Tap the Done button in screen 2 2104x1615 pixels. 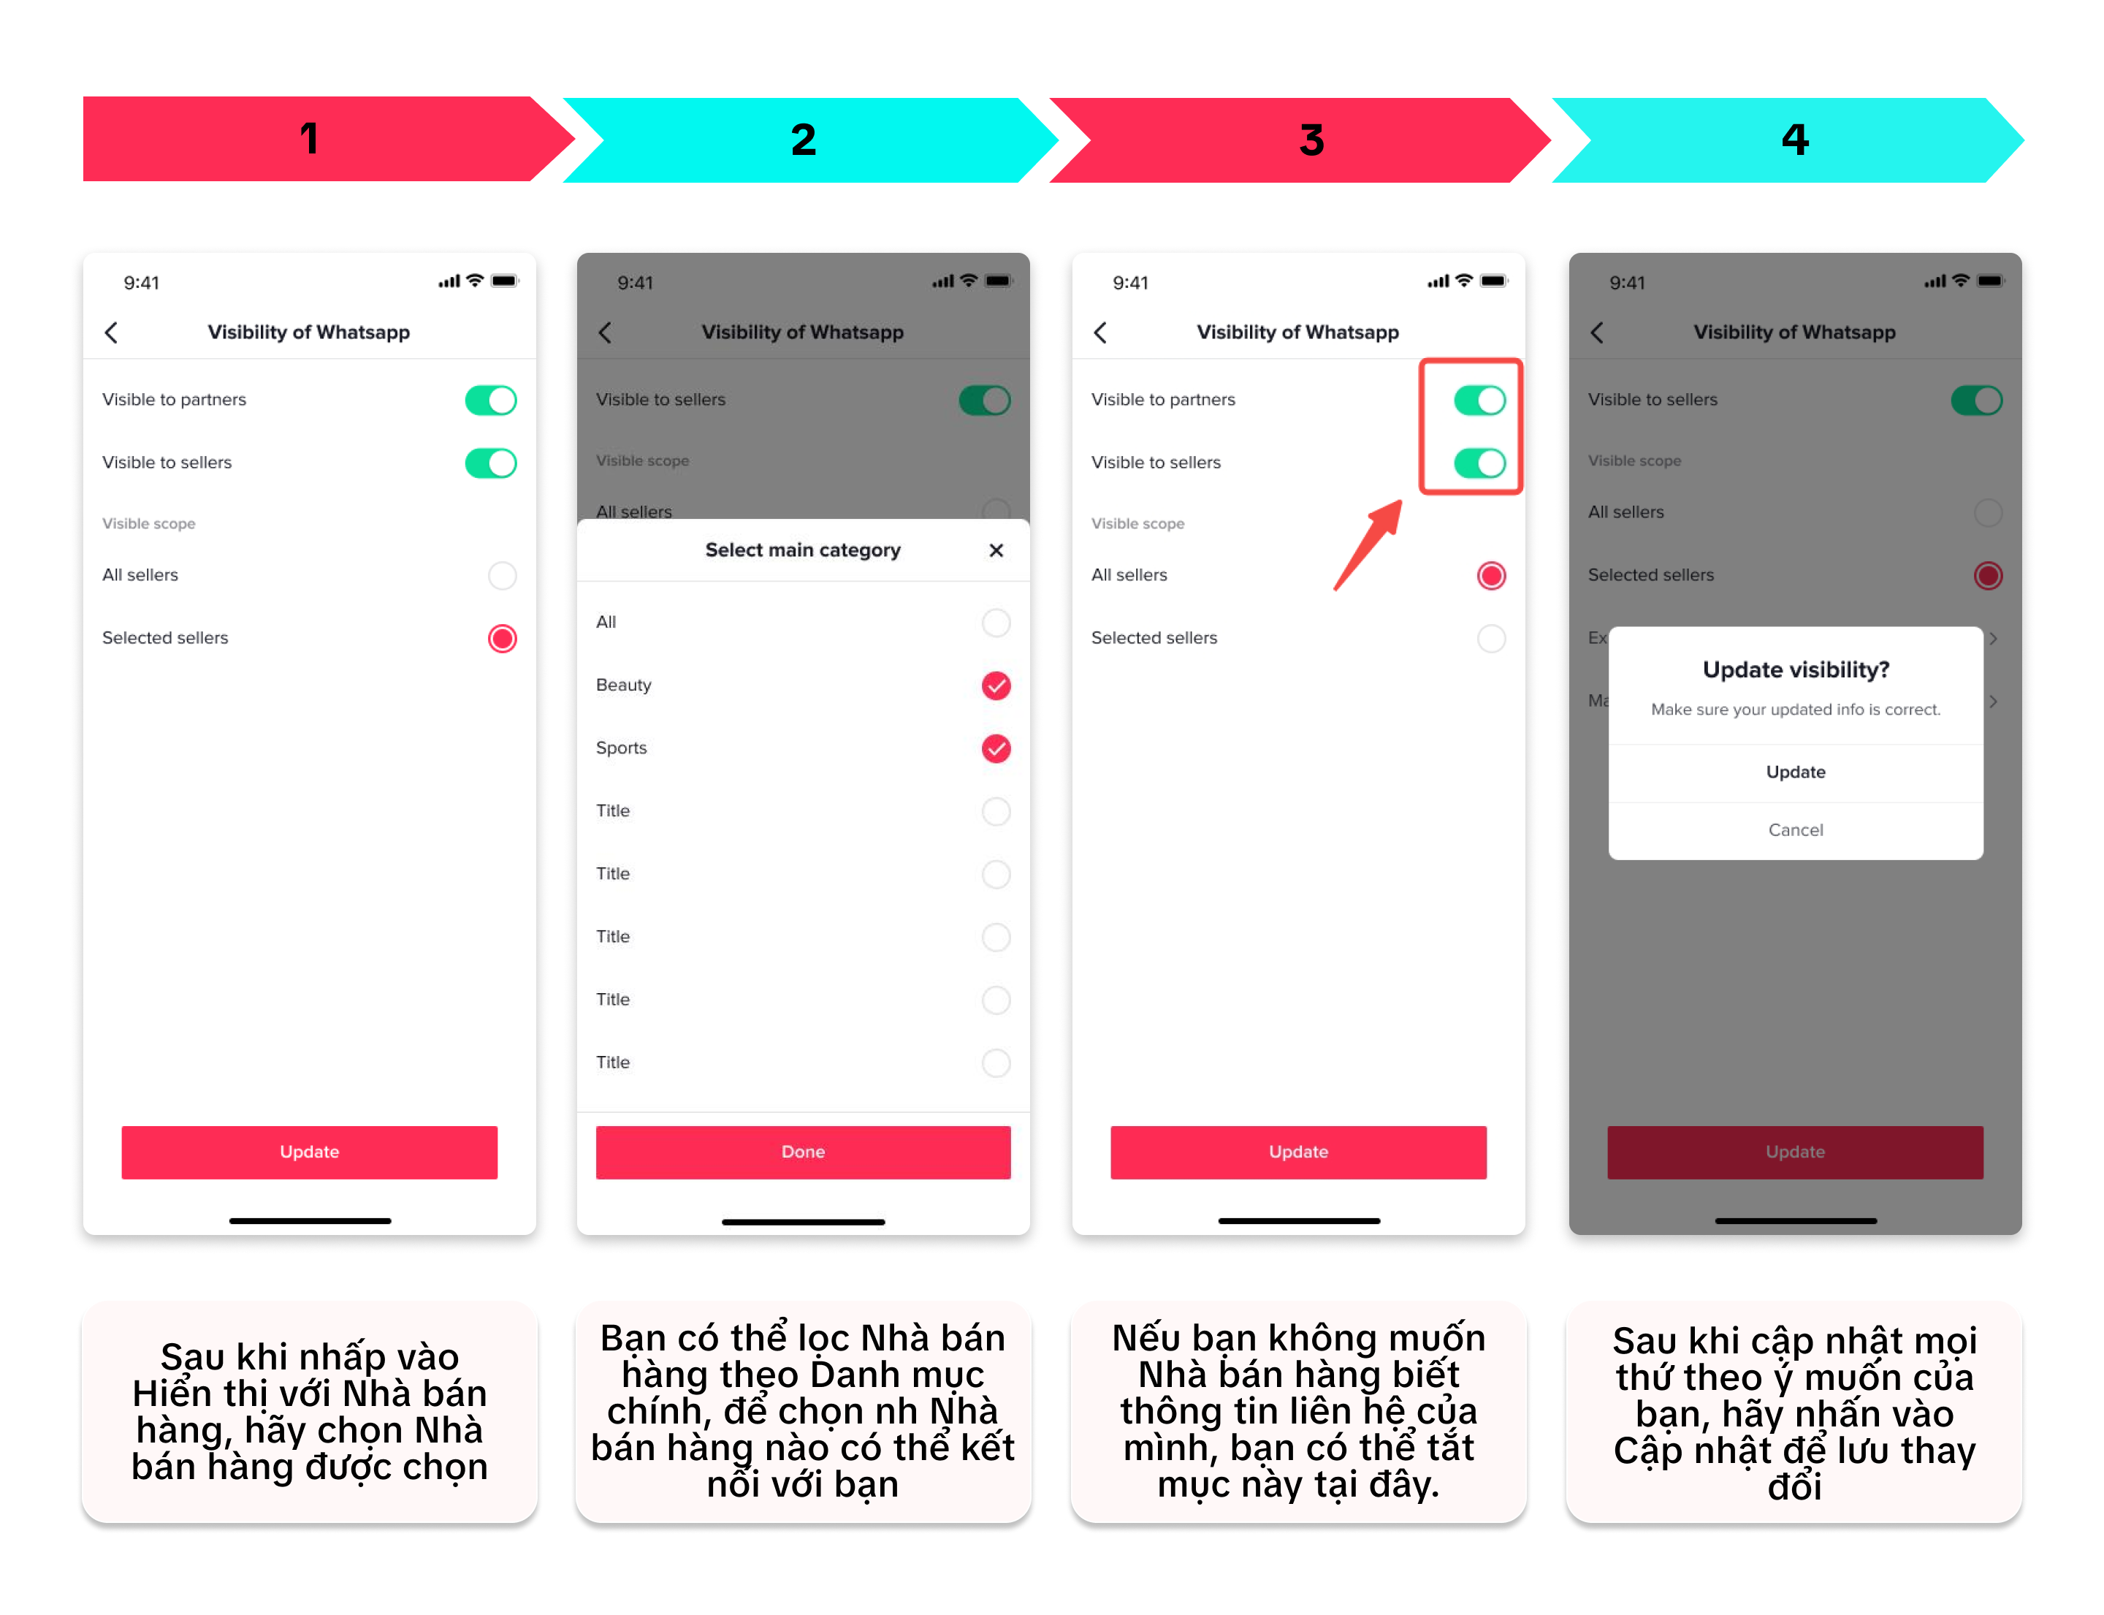(x=803, y=1152)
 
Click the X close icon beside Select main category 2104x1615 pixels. (x=996, y=550)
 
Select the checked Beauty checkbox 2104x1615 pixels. (x=996, y=685)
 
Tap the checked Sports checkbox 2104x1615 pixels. (x=996, y=748)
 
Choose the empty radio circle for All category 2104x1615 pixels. (x=996, y=623)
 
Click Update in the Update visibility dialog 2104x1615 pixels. (x=1794, y=772)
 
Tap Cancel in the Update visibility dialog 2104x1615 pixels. (x=1794, y=829)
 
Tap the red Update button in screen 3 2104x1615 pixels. (x=1298, y=1152)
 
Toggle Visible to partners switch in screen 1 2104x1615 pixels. (x=490, y=400)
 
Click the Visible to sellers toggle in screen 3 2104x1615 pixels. (x=1479, y=463)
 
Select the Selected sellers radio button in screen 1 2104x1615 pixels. (x=502, y=638)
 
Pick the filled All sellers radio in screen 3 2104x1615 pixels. (x=1491, y=576)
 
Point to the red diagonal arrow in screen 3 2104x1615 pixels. (x=1368, y=545)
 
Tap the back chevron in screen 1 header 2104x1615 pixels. (x=112, y=332)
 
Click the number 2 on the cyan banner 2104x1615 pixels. (x=804, y=140)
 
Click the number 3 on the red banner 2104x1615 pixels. (x=1312, y=140)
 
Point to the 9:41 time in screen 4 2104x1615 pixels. (x=1627, y=283)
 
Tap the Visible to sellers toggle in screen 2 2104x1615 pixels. (x=984, y=400)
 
